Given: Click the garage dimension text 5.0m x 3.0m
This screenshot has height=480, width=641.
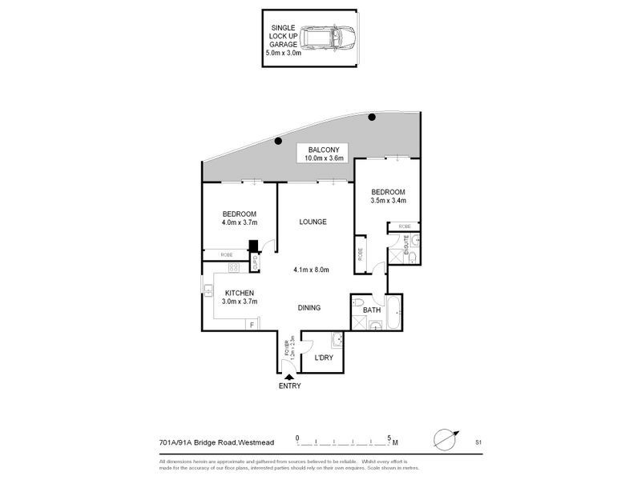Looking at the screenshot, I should coord(284,53).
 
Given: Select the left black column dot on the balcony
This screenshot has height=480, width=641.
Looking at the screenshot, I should coord(278,142).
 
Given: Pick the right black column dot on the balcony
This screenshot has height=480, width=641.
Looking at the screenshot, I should coord(372,118).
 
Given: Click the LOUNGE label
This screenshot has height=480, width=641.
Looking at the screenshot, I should coord(313,222).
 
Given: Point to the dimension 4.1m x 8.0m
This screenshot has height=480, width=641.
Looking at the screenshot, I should coord(312,270).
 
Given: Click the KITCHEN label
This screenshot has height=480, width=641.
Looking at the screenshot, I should coord(240,293).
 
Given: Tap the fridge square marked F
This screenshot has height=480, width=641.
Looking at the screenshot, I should coord(252,324).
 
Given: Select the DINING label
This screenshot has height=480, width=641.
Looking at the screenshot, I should coord(309,307).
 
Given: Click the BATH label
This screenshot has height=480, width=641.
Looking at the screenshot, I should coord(371,310).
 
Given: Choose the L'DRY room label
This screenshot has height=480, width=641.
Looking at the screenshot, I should coord(323,358).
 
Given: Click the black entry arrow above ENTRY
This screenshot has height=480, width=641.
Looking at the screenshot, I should coord(289,376).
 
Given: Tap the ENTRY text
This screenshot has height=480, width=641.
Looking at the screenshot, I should coord(290,386).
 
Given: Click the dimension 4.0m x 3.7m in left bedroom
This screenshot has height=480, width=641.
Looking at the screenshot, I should coord(240,223).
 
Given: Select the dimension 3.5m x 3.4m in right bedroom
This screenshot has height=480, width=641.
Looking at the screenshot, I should coord(388,201).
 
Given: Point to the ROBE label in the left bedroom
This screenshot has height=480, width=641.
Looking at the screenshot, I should coord(227,254).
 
